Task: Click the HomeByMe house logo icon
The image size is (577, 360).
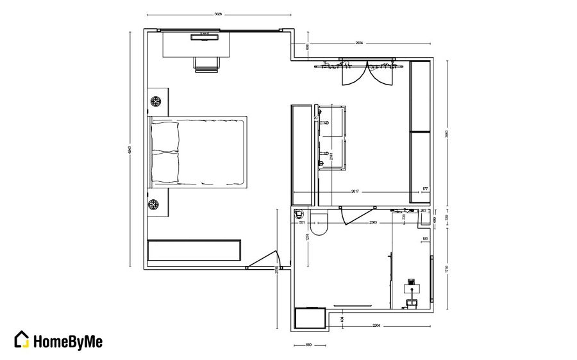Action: [22, 340]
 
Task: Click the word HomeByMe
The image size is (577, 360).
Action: [67, 340]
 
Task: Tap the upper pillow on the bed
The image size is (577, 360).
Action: [165, 136]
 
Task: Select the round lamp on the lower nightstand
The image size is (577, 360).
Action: [154, 205]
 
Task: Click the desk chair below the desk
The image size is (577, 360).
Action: [207, 65]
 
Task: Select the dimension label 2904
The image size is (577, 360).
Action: [359, 43]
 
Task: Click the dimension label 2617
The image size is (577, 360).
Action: [355, 191]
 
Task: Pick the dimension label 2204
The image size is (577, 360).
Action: [376, 325]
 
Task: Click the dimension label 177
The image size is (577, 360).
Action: [424, 189]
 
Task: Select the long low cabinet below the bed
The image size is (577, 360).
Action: [194, 250]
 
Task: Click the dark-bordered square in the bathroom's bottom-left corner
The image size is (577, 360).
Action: [310, 318]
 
